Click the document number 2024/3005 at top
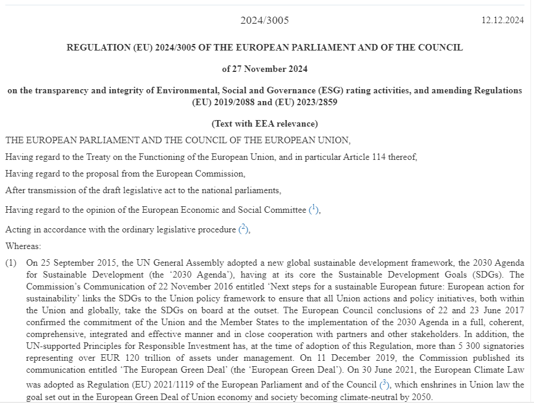coord(265,20)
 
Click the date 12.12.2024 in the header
coord(502,20)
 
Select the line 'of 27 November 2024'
coord(265,69)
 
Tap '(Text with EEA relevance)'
coord(265,124)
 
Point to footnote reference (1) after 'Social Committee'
coord(314,209)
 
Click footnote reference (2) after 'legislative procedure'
coord(243,229)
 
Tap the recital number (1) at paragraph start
coord(11,262)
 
